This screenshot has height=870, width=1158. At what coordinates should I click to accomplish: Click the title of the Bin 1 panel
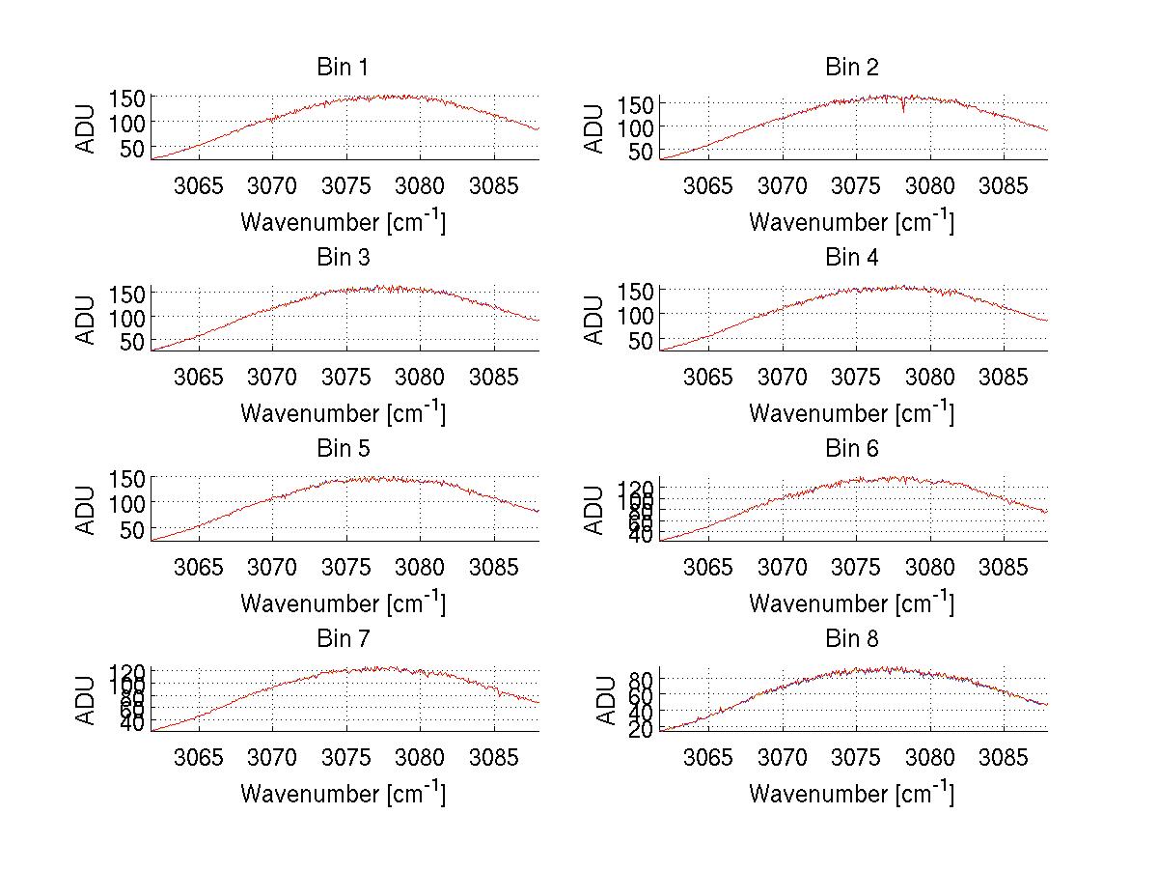pos(343,68)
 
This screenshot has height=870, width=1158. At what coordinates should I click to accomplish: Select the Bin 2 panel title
pos(852,68)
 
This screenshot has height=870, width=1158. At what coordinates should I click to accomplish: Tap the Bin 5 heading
pos(343,449)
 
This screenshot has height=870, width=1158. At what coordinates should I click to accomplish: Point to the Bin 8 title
pos(852,639)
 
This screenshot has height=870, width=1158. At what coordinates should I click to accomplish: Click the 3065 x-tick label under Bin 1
pos(199,186)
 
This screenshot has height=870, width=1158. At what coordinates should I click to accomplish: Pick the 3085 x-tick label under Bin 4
pos(1004,377)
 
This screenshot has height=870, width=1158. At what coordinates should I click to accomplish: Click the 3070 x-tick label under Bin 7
pos(273,758)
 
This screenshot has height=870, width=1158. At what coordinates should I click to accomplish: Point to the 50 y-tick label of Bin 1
pos(133,148)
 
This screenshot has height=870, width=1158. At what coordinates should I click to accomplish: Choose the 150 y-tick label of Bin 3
pos(127,292)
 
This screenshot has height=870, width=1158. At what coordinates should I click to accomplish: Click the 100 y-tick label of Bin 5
pos(127,503)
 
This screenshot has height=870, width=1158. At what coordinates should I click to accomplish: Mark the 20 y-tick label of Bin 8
pos(642,729)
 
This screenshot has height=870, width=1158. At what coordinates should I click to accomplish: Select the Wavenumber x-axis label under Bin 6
pos(852,603)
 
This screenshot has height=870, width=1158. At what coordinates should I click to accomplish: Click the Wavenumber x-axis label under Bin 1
pos(343,222)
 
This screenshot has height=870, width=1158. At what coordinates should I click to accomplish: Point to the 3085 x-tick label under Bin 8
pos(1004,758)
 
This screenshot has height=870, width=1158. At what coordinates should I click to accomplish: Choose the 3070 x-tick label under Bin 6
pos(782,568)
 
